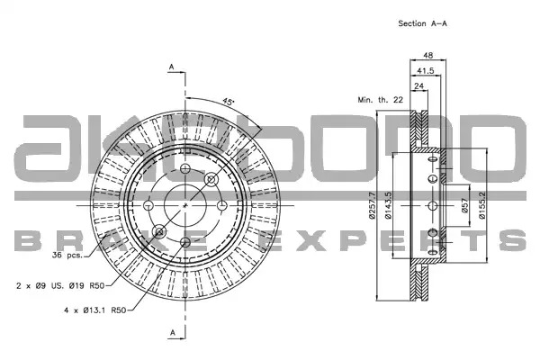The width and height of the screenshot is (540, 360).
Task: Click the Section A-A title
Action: point(422,23)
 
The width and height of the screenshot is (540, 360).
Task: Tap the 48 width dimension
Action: point(427,55)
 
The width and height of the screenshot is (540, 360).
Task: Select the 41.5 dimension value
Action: point(426,70)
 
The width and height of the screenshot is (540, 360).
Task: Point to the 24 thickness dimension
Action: point(418,85)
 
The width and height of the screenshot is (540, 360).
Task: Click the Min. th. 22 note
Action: point(380,100)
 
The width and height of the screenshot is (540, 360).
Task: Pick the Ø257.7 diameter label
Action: point(372,206)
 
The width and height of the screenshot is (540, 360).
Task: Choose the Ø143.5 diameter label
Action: point(388,206)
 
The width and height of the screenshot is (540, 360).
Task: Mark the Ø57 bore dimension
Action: point(465,206)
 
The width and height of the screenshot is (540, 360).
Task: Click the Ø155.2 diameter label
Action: point(481,206)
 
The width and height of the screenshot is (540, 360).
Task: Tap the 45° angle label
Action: point(228,102)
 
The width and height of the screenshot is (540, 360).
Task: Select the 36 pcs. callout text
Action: point(67,256)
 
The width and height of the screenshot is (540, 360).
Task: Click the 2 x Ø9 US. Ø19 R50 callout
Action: point(60,285)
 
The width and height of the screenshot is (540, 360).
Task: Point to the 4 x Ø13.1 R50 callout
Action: point(95,310)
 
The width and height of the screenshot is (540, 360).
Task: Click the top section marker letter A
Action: point(172,67)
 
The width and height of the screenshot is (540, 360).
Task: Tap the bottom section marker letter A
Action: point(173,332)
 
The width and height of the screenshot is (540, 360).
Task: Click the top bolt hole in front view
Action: point(185,168)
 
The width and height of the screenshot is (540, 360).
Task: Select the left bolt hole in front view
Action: point(148,206)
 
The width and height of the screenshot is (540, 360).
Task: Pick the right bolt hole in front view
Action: point(222,206)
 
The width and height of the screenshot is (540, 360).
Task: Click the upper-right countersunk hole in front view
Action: point(211,179)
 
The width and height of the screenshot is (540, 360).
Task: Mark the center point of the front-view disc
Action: point(185,206)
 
